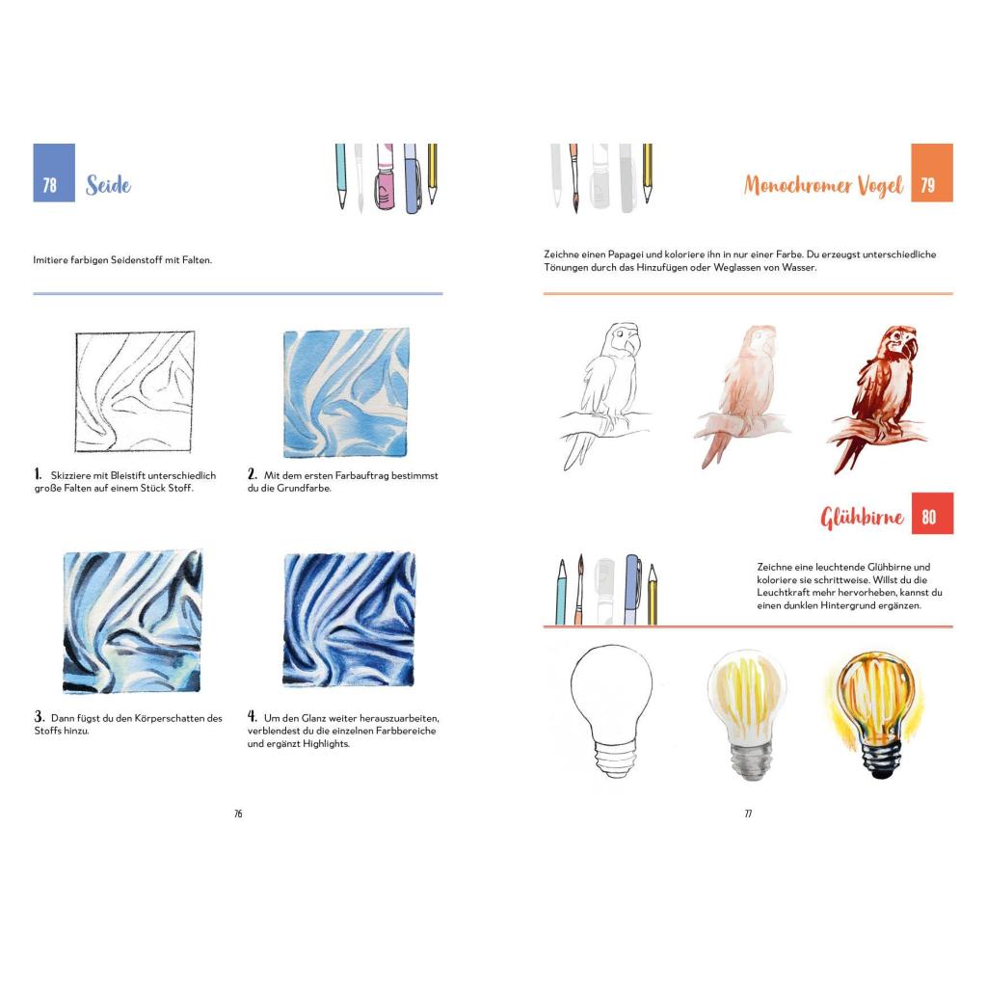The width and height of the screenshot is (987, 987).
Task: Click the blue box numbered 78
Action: pyautogui.click(x=54, y=173)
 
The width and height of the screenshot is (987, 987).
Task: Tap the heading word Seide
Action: pyautogui.click(x=108, y=185)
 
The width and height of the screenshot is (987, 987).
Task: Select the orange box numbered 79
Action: pyautogui.click(x=932, y=173)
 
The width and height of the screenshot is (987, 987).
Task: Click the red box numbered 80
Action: pyautogui.click(x=932, y=513)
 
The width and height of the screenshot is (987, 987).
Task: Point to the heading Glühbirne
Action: pyautogui.click(x=862, y=518)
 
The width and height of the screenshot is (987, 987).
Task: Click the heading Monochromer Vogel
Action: pyautogui.click(x=823, y=185)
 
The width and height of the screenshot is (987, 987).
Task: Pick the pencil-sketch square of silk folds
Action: pyautogui.click(x=134, y=391)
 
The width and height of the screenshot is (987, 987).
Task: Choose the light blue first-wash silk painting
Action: pyautogui.click(x=346, y=393)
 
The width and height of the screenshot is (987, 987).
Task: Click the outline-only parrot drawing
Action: pyautogui.click(x=603, y=395)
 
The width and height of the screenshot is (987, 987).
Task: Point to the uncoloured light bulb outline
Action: pyautogui.click(x=610, y=711)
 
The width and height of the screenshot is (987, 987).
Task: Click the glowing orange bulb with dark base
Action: pyautogui.click(x=875, y=713)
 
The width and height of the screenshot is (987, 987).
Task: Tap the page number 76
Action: pyautogui.click(x=238, y=814)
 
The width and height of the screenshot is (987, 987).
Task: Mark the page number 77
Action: pyautogui.click(x=748, y=814)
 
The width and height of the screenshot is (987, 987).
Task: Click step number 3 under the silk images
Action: pyautogui.click(x=39, y=716)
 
